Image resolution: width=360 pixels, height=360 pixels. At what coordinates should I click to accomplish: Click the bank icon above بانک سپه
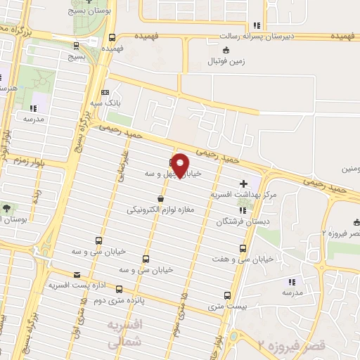click(x=105, y=92)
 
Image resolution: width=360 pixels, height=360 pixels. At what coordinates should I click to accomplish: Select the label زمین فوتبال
click(x=224, y=61)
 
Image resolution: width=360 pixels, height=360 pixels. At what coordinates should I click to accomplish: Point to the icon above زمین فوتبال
click(x=225, y=50)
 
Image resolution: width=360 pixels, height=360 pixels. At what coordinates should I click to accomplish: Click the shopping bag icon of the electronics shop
click(x=160, y=199)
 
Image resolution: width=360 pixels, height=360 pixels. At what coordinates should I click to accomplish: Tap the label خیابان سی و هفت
click(x=224, y=259)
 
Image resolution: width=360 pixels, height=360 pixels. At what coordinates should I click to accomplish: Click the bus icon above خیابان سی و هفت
click(x=243, y=248)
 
